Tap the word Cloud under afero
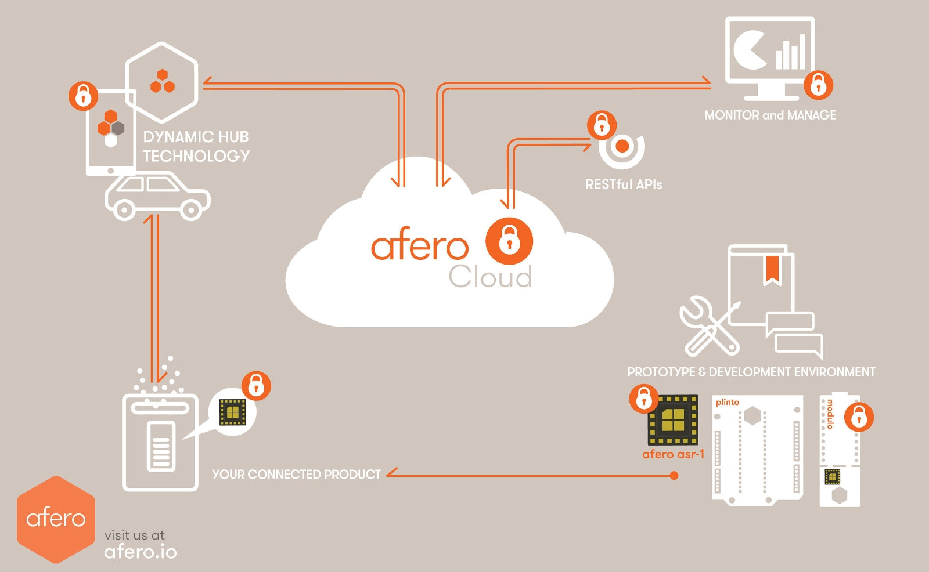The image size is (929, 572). pos(490,277)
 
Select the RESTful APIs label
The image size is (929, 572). pos(624,184)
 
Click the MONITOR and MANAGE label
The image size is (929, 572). pos(770,115)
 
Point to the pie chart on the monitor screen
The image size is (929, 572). pos(750,50)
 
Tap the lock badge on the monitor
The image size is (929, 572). pos(818,85)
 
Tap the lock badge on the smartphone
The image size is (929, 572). pos(83,96)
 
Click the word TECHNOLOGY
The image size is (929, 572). pos(196,156)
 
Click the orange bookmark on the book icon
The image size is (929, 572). pos(772,270)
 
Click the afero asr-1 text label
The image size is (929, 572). pos(673,454)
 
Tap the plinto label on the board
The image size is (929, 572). pos(727,402)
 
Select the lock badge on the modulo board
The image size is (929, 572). pos(859,417)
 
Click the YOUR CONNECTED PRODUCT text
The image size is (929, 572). pos(296,475)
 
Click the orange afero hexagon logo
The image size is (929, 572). pos(56,519)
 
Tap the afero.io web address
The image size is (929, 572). pos(141,552)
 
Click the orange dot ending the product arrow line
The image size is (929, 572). pos(674,476)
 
